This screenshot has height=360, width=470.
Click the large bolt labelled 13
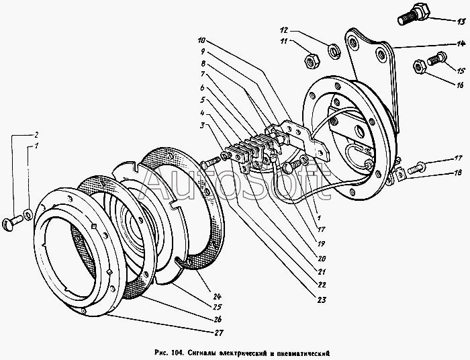(x=414, y=14)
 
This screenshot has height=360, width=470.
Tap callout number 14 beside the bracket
(x=461, y=44)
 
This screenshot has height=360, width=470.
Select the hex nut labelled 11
(x=312, y=61)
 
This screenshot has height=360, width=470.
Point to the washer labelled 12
(x=334, y=51)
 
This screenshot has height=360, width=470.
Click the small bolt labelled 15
(x=436, y=58)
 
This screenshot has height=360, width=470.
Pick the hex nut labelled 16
(x=420, y=67)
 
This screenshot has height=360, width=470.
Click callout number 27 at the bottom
(x=219, y=332)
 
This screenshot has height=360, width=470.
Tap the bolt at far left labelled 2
(x=13, y=223)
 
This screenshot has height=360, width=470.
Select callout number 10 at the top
(x=201, y=40)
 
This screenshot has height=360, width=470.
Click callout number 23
(x=322, y=300)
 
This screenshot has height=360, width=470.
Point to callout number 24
(x=217, y=296)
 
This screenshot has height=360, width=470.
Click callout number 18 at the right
(x=458, y=173)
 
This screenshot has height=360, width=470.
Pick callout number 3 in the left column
(x=203, y=126)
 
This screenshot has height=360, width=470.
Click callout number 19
(x=322, y=244)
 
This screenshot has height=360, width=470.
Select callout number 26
(x=218, y=319)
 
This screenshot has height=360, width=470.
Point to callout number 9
(x=203, y=52)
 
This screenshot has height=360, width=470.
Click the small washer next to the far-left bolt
(x=28, y=215)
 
